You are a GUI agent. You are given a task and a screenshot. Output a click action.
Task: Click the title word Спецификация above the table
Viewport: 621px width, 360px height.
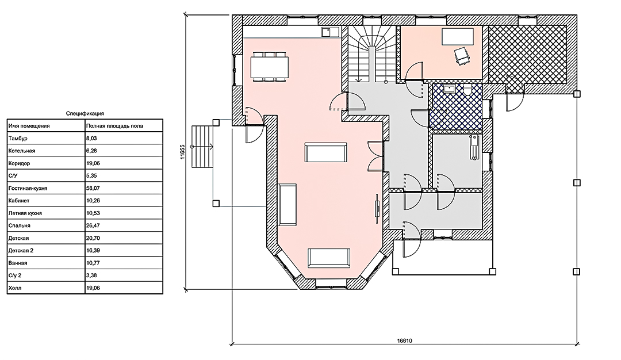[x=85, y=113]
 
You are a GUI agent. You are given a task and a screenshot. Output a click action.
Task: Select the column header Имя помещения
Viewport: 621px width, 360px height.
[x=29, y=126]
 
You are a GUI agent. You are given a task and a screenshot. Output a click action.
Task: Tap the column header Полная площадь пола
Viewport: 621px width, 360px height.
[x=114, y=126]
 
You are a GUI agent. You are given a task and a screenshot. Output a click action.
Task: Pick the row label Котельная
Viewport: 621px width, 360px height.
[x=22, y=151]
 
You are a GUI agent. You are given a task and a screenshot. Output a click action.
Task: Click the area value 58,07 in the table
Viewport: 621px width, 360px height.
[x=93, y=188]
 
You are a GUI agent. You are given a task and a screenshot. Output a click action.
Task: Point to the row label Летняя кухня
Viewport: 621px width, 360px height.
[x=25, y=213]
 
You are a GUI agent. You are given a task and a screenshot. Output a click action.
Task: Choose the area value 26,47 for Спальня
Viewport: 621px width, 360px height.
[x=93, y=226]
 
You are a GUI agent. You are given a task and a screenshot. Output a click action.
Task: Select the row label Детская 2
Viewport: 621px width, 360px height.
[x=21, y=251]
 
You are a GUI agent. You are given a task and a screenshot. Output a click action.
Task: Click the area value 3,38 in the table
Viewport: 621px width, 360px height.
[x=91, y=275]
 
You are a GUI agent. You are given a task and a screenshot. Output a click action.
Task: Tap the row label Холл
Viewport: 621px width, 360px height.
[x=14, y=288]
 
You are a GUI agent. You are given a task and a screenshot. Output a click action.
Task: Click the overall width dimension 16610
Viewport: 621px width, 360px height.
[x=404, y=340]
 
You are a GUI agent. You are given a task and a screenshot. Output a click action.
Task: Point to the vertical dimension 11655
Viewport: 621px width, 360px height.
[x=183, y=152]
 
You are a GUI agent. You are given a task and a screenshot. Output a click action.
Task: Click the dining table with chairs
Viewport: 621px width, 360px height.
[x=269, y=67]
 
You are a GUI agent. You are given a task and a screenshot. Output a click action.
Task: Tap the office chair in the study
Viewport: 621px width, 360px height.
[x=462, y=55]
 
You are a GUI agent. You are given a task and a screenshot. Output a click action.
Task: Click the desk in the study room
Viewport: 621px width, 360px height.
[x=458, y=36]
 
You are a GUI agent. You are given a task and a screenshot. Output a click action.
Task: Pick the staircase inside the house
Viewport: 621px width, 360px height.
[x=372, y=54]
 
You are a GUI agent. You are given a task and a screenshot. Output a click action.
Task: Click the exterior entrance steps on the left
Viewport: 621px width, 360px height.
[x=202, y=147]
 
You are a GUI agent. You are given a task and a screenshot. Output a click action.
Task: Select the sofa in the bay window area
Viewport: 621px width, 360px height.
[x=329, y=258]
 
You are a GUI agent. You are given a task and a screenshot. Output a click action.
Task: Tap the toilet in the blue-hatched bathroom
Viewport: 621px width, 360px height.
[x=468, y=90]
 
